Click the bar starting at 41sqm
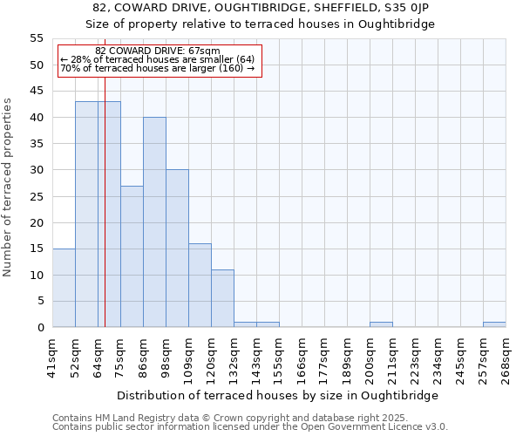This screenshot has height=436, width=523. coord(64,288)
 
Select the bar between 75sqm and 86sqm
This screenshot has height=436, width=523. coord(132,256)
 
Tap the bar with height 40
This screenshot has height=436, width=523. coord(154,222)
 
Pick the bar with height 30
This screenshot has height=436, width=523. coord(177,249)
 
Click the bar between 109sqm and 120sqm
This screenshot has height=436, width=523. coord(200,285)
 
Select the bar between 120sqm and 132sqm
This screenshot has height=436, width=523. coord(222,298)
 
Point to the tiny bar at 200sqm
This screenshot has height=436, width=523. coord(381,324)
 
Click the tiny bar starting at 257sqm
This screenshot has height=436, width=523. coord(494,324)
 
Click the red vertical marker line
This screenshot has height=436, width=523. coord(105,218)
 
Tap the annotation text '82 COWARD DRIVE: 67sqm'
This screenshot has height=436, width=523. coord(158,51)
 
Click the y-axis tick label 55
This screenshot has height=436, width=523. coord(37,38)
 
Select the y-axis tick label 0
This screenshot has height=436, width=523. coord(40,328)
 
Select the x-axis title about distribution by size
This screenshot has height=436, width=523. coord(277,395)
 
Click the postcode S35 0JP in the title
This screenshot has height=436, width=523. coord(407,7)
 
